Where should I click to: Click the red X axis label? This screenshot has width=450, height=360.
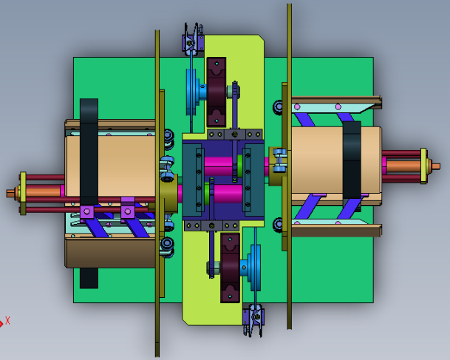click(x=7, y=321)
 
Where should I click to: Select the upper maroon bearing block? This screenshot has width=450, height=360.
click(x=217, y=92)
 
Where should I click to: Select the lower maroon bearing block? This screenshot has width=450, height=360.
click(x=230, y=268)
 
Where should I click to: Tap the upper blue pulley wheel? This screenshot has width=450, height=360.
click(x=192, y=91)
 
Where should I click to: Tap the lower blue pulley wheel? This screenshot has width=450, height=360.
click(x=255, y=268)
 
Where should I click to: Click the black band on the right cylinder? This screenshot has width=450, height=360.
click(x=352, y=160)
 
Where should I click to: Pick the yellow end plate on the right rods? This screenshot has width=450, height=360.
click(x=423, y=166)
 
